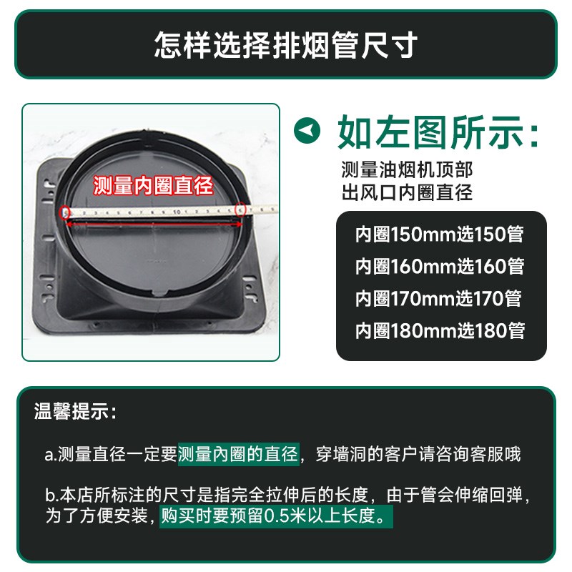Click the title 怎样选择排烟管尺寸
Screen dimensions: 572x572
tap(286, 45)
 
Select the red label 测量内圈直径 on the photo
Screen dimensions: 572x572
tap(154, 187)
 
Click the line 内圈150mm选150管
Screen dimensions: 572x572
tap(440, 233)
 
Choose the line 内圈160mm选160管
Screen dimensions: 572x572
tap(440, 266)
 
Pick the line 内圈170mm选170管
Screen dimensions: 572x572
tap(440, 298)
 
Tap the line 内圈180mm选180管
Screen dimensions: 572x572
tap(440, 330)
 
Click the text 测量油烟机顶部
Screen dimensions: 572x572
tap(407, 170)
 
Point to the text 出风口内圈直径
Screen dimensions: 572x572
tap(407, 192)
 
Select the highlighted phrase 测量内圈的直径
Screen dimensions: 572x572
tap(238, 453)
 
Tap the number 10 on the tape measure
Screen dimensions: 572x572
tap(175, 212)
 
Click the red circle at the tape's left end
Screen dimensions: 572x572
tap(66, 212)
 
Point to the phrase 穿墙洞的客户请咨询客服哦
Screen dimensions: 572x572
tap(418, 453)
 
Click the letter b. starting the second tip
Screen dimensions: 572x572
tap(51, 495)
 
